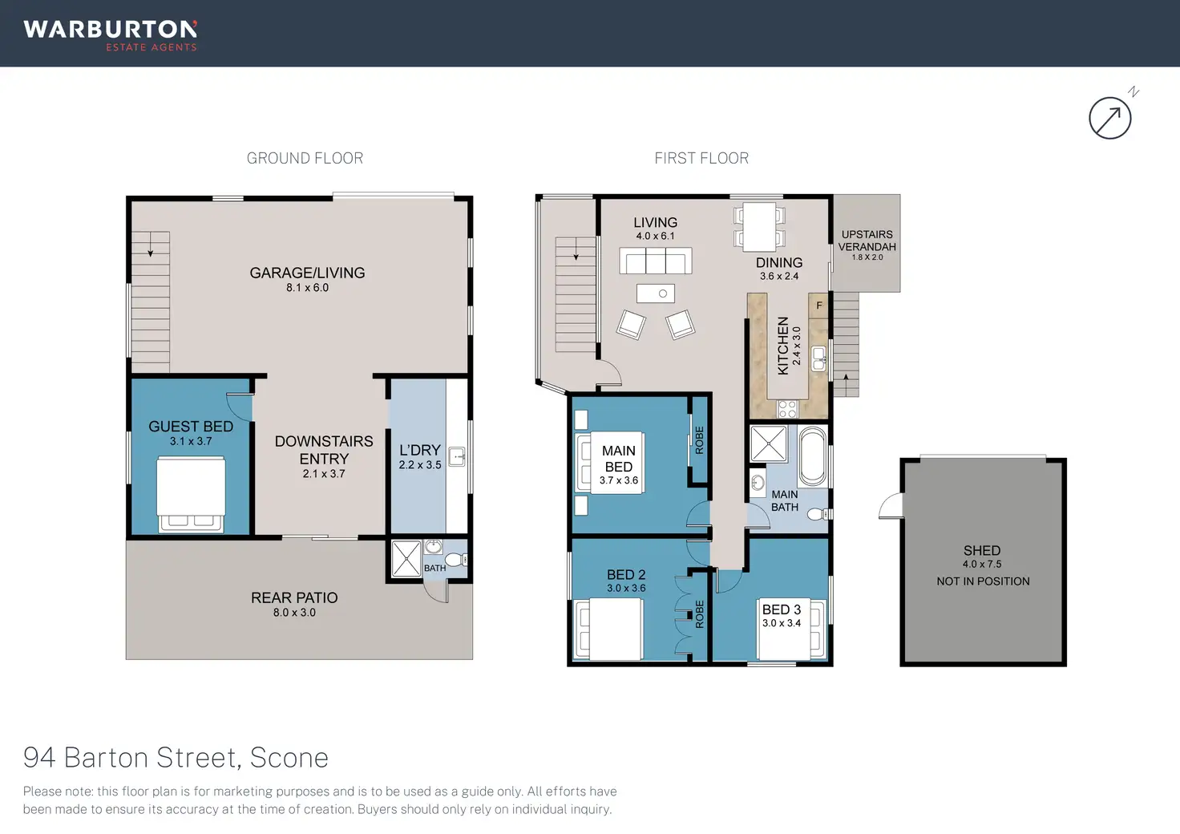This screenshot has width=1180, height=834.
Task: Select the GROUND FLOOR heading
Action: pyautogui.click(x=305, y=158)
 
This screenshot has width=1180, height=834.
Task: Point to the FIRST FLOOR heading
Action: pyautogui.click(x=701, y=158)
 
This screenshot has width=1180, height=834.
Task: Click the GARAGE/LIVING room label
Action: pyautogui.click(x=307, y=273)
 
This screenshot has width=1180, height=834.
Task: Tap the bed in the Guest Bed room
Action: pyautogui.click(x=192, y=494)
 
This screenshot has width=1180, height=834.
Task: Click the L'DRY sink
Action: pyautogui.click(x=457, y=457)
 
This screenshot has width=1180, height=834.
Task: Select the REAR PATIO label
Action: pyautogui.click(x=294, y=597)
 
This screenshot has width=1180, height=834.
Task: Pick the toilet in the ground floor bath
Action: pyautogui.click(x=455, y=559)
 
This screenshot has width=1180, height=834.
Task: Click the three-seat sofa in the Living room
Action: pyautogui.click(x=655, y=261)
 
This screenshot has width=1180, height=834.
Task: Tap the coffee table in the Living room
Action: pyautogui.click(x=655, y=294)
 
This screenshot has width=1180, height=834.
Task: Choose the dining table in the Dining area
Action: pyautogui.click(x=759, y=227)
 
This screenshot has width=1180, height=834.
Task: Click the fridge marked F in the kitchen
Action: pyautogui.click(x=818, y=306)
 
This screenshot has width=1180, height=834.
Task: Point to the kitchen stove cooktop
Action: pyautogui.click(x=787, y=408)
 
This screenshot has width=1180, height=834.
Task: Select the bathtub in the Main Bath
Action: pyautogui.click(x=812, y=456)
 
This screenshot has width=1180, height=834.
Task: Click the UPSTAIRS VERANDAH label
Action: pyautogui.click(x=867, y=241)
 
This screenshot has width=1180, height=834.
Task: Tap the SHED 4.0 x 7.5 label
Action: pyautogui.click(x=982, y=557)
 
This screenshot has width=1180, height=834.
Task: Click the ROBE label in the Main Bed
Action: pyautogui.click(x=699, y=440)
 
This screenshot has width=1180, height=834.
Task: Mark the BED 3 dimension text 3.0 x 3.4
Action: pyautogui.click(x=782, y=623)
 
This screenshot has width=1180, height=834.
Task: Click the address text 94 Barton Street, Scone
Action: pyautogui.click(x=176, y=758)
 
